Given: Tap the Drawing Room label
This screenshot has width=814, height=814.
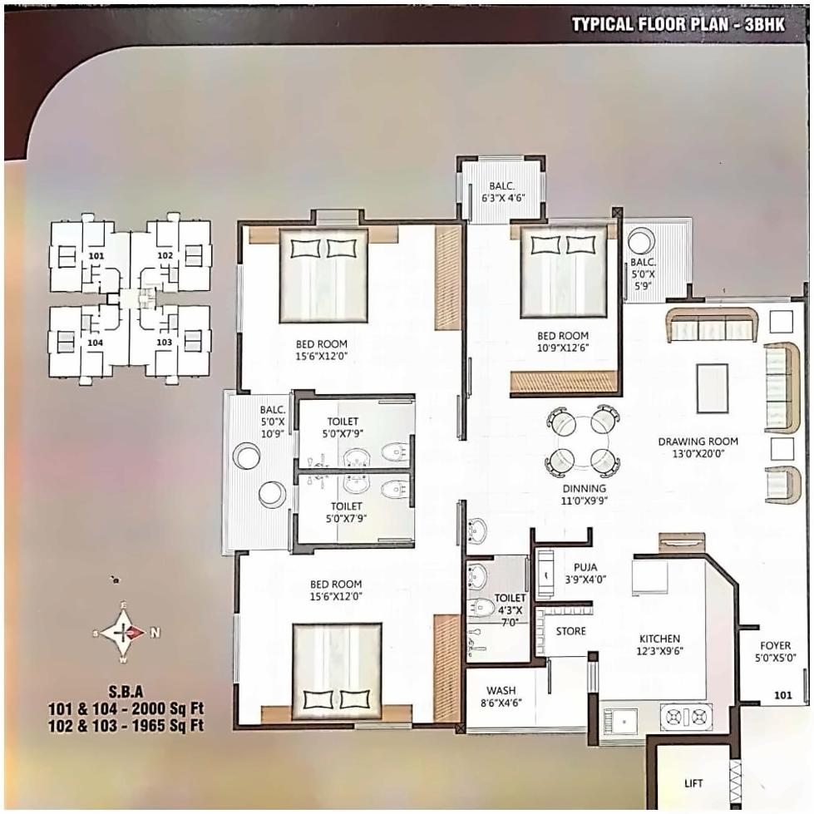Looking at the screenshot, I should click(x=698, y=447).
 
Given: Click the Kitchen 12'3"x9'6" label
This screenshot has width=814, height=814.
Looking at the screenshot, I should click(x=660, y=644).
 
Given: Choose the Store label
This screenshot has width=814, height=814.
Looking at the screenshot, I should click(x=570, y=631).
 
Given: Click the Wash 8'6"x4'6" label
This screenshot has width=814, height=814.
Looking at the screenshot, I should click(x=501, y=696).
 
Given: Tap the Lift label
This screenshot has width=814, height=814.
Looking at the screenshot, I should click(x=693, y=783).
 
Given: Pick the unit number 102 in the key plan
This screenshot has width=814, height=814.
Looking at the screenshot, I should click(x=165, y=255).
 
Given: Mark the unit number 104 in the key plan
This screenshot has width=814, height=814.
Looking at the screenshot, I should click(x=96, y=342).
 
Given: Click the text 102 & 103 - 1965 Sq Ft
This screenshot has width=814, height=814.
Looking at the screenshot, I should click(x=126, y=724).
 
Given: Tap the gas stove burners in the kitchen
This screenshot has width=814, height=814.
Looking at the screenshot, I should click(x=686, y=716).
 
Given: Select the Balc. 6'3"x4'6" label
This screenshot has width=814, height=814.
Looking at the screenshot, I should click(x=502, y=192).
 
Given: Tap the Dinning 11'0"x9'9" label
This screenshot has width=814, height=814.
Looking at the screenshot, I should click(x=583, y=495).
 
